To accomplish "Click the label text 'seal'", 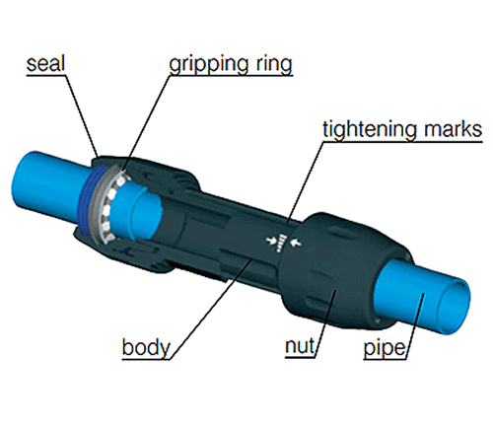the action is click(45, 64).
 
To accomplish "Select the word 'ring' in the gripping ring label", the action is click(270, 65).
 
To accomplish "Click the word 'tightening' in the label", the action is click(370, 130).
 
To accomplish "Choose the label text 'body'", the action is click(146, 347).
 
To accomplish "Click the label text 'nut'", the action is click(300, 346).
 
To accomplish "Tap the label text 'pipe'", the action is click(385, 348).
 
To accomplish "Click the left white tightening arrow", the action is click(271, 240).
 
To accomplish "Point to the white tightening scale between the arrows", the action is click(282, 244).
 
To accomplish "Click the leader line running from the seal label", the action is click(82, 116).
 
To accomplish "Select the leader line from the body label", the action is click(211, 309).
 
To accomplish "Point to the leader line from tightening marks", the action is click(305, 182).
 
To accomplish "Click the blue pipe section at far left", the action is click(47, 190).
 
